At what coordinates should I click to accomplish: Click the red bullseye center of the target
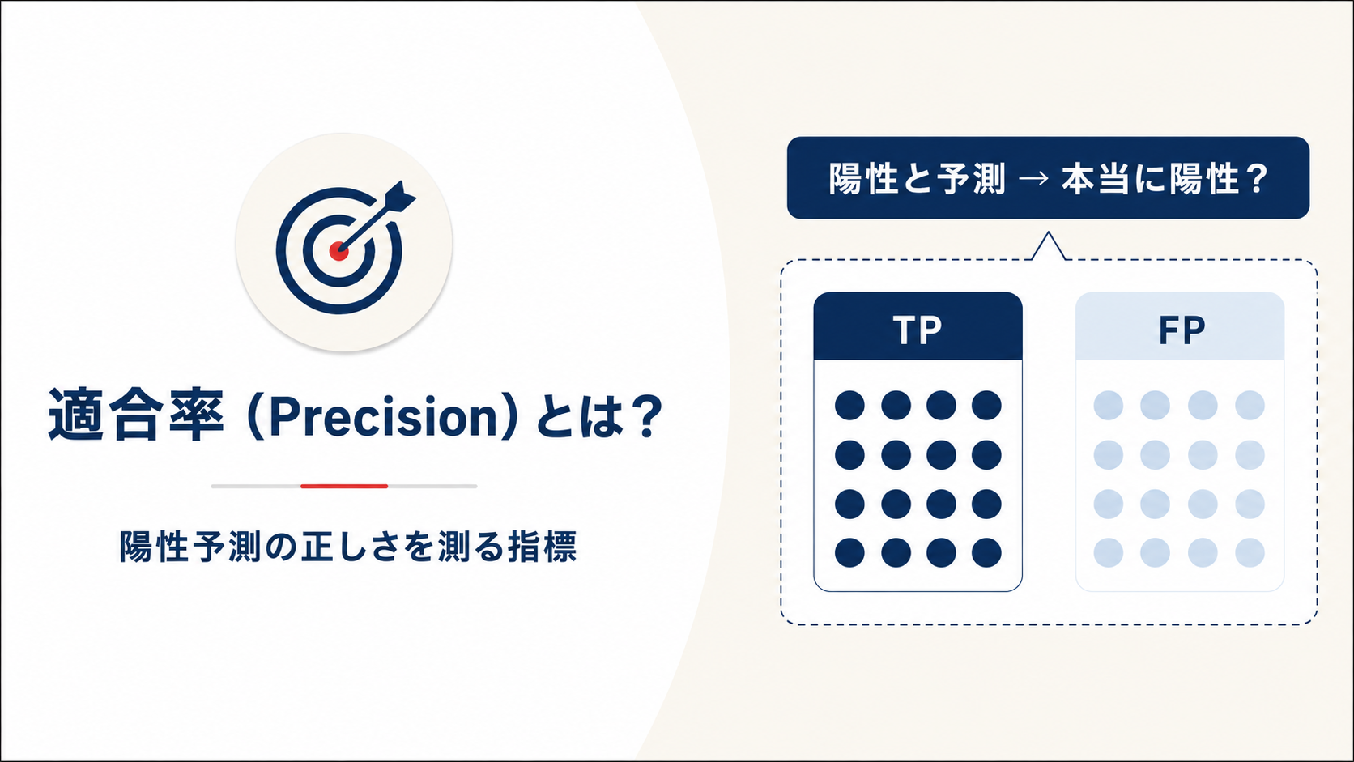pyautogui.click(x=338, y=251)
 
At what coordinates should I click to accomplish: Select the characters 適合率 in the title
pyautogui.click(x=137, y=415)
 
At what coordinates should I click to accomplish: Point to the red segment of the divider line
pyautogui.click(x=344, y=486)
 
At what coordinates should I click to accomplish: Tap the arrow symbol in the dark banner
pyautogui.click(x=1033, y=180)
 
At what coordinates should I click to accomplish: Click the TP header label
pyautogui.click(x=918, y=330)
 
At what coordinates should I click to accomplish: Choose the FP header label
pyautogui.click(x=1182, y=330)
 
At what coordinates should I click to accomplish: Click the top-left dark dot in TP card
pyautogui.click(x=849, y=405)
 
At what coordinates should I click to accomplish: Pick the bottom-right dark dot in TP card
pyautogui.click(x=986, y=552)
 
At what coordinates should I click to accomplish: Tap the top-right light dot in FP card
pyautogui.click(x=1250, y=405)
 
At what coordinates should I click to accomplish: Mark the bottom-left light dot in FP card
pyautogui.click(x=1109, y=552)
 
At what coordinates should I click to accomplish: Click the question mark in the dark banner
pyautogui.click(x=1256, y=179)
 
